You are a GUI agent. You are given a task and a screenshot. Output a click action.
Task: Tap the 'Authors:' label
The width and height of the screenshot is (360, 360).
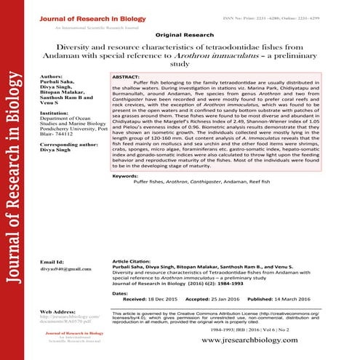click(x=52, y=75)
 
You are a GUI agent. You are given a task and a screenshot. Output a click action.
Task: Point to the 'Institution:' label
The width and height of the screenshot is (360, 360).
click(x=56, y=113)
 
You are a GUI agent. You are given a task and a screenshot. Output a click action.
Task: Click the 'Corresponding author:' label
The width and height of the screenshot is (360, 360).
click(x=70, y=145)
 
